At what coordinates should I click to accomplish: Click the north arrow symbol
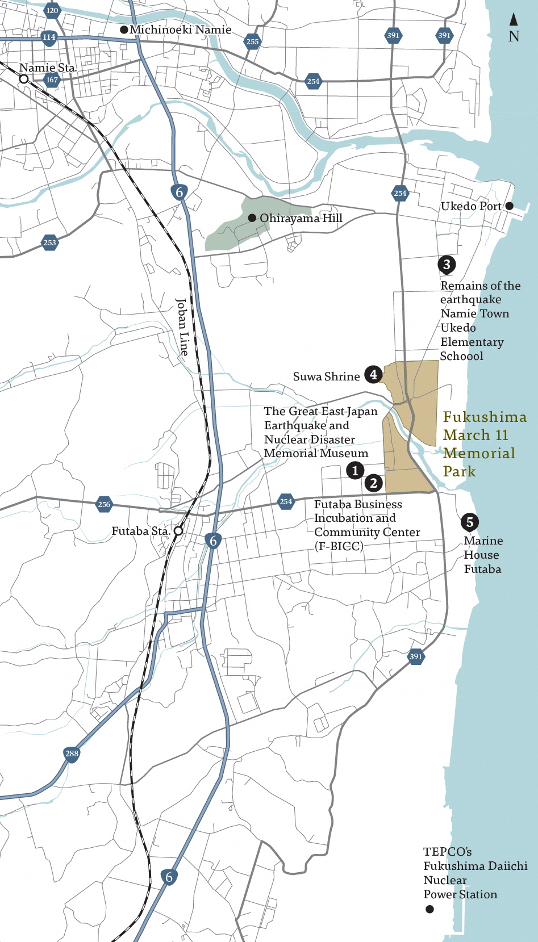(x=514, y=20)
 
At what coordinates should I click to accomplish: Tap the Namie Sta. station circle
(x=24, y=79)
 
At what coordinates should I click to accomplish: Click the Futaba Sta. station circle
(x=178, y=531)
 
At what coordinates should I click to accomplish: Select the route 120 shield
(x=52, y=10)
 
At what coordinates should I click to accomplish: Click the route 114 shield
(x=49, y=37)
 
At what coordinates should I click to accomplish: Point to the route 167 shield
(x=52, y=79)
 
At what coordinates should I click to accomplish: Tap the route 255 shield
(x=252, y=41)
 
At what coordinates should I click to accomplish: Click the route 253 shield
(x=49, y=242)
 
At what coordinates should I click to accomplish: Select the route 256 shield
(x=104, y=504)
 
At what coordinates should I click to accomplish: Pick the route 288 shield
(x=72, y=753)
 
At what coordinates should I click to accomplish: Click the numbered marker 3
(x=447, y=264)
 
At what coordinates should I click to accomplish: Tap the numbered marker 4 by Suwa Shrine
(x=373, y=374)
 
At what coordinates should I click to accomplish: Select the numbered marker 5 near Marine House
(x=469, y=522)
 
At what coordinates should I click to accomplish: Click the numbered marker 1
(x=355, y=470)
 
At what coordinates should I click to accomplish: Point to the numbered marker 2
(x=373, y=483)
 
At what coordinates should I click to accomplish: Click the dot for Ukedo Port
(x=509, y=206)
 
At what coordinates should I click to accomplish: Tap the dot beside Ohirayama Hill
(x=252, y=218)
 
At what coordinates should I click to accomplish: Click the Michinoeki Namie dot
(x=124, y=30)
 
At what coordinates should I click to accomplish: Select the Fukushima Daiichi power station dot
(x=429, y=909)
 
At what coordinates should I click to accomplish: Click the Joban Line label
(x=182, y=327)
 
